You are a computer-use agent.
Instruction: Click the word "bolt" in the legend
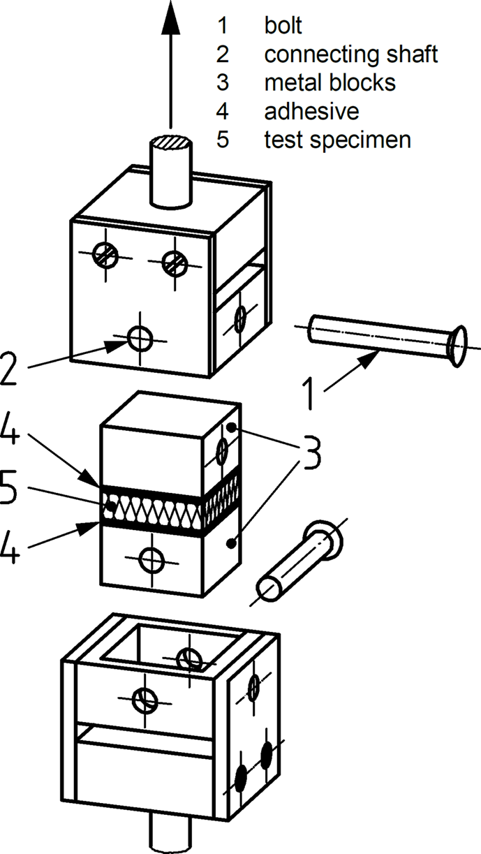pos(283,26)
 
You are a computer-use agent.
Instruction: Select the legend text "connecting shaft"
pos(350,54)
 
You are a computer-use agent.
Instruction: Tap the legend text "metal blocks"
pos(330,83)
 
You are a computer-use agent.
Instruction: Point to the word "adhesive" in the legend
pos(311,111)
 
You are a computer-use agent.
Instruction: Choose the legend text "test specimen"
pos(337,140)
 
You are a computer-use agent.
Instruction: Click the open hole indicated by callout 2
pos(140,339)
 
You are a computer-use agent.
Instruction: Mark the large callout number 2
pos(10,369)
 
